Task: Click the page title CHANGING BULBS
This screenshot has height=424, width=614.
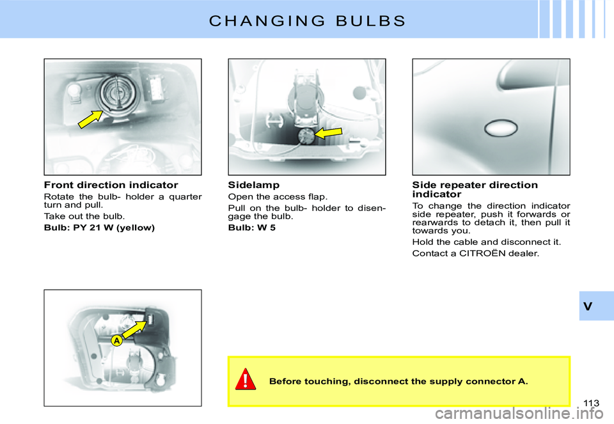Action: [307, 20]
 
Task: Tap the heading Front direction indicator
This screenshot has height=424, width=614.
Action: [111, 185]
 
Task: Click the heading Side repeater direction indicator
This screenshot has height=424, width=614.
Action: [475, 189]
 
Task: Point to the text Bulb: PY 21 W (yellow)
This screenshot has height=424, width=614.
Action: [99, 228]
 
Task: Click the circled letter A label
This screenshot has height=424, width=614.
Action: [116, 341]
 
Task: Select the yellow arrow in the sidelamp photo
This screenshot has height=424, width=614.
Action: [329, 132]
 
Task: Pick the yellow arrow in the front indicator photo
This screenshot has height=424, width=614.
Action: [91, 119]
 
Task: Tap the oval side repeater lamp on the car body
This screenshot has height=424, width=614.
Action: [501, 130]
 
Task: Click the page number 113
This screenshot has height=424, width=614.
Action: [592, 402]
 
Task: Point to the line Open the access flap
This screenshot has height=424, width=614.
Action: [268, 196]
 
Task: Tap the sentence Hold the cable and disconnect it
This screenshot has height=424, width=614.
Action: [486, 242]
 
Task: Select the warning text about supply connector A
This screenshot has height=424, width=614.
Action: [398, 382]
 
